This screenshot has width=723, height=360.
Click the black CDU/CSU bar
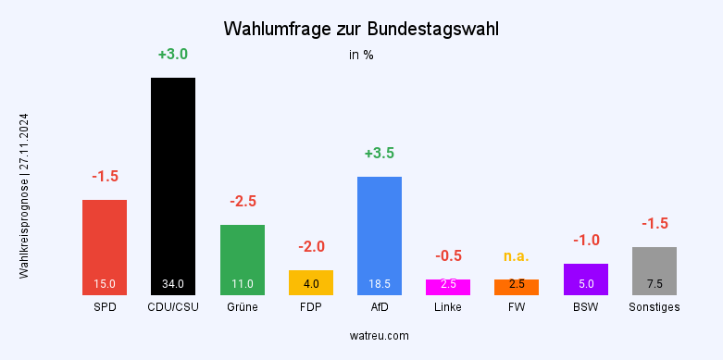coord(173,185)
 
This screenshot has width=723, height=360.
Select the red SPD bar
coord(105,246)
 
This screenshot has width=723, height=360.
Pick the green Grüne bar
coord(243,259)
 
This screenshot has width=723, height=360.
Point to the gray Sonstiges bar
coord(654,270)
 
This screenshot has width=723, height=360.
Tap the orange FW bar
coord(517,287)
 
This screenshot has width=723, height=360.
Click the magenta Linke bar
coord(448,287)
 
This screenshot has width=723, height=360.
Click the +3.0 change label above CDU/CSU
coord(173,55)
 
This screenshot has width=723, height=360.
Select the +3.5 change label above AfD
coord(380,154)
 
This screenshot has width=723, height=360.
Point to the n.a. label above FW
coord(517,255)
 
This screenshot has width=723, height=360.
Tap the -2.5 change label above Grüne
coord(243,201)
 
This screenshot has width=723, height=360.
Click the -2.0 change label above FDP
coord(311,247)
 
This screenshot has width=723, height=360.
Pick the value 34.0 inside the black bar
coord(173,284)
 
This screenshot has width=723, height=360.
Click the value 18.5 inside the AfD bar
coord(380,284)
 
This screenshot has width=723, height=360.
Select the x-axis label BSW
coord(586,307)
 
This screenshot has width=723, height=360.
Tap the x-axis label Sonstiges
coord(654,307)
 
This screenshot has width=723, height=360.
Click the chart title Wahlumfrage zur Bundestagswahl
coord(361,30)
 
